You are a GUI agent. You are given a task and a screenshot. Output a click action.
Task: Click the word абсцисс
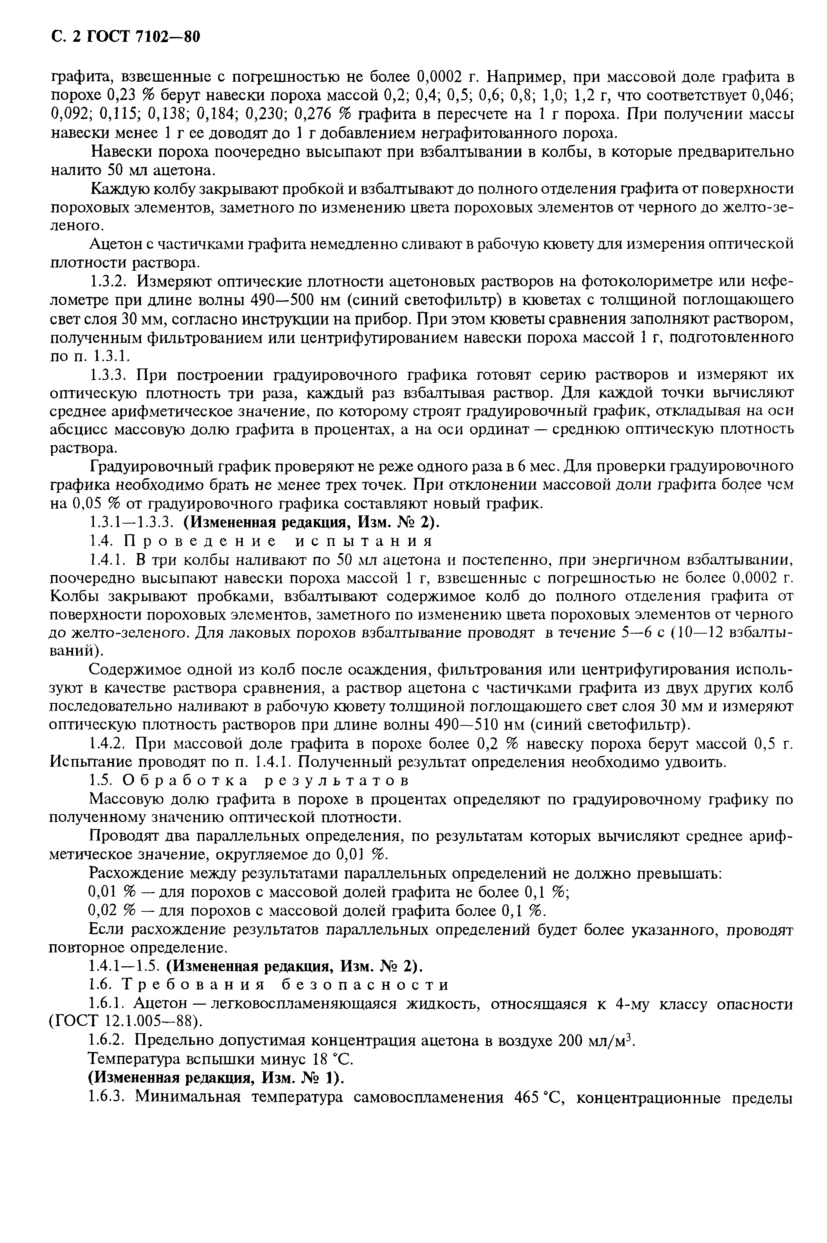76,430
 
